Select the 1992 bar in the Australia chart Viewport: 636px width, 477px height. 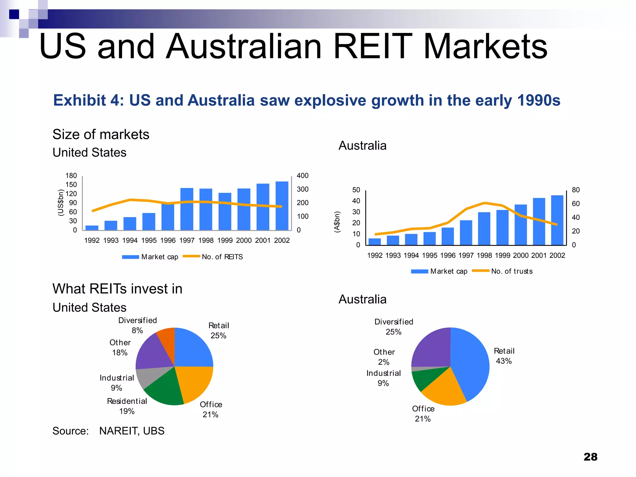click(x=375, y=242)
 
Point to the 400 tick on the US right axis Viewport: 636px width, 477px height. click(x=302, y=176)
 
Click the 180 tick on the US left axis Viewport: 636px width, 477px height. click(x=71, y=176)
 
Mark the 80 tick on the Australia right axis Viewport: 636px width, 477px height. click(x=576, y=190)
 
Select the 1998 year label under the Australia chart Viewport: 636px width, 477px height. click(x=484, y=256)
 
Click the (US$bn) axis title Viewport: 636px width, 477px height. click(x=61, y=202)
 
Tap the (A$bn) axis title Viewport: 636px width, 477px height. click(x=337, y=222)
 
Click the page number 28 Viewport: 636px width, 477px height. click(x=590, y=457)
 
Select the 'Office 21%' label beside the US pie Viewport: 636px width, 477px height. click(x=211, y=409)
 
